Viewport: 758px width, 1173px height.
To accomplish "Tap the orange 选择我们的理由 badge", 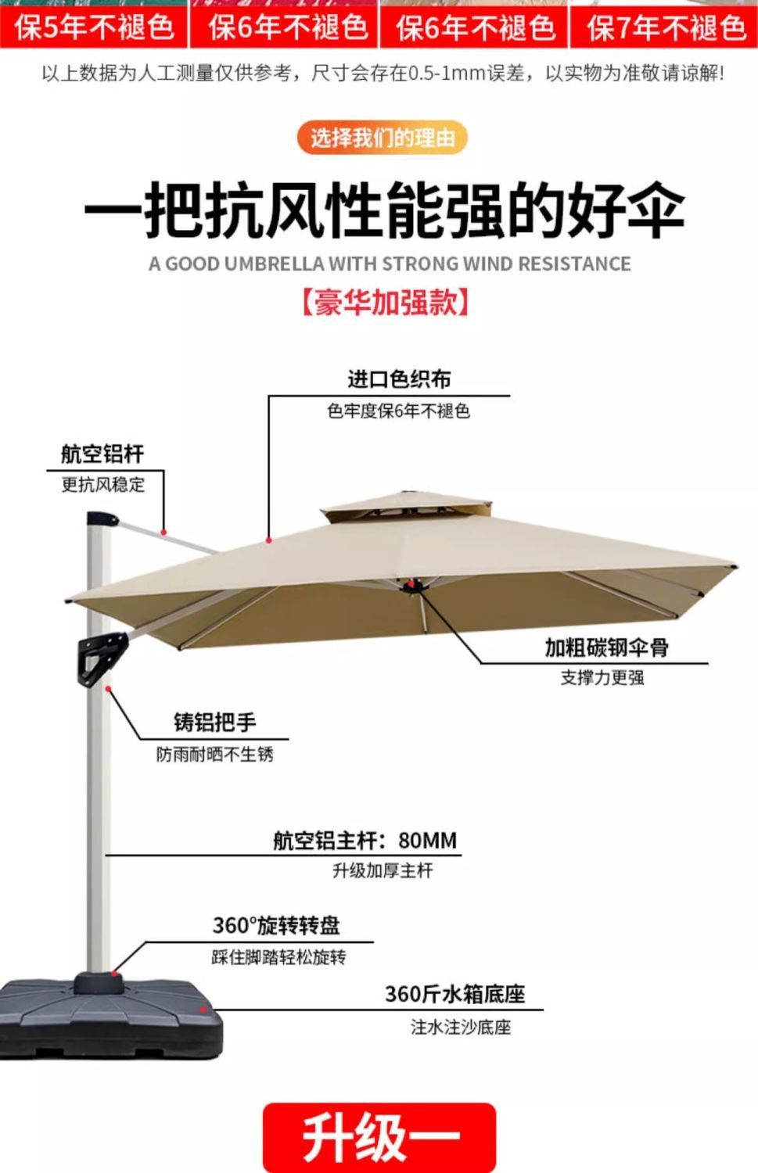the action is click(382, 138).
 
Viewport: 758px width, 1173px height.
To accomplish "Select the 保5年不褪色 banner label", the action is click(94, 28).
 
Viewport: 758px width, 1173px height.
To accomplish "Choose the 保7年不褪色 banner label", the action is click(666, 28).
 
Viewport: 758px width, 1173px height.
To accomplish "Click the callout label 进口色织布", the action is click(399, 380).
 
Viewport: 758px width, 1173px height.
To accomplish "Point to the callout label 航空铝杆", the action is click(102, 454).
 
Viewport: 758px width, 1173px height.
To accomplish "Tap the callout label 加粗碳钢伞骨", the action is click(606, 648).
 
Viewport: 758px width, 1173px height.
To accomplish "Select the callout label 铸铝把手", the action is click(214, 722).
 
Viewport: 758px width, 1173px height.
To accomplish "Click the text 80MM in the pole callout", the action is click(427, 841).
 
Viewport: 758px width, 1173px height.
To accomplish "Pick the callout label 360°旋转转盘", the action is click(276, 926).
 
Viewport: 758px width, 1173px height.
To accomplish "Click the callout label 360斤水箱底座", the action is click(454, 995).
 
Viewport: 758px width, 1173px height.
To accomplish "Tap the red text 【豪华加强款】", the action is click(384, 302).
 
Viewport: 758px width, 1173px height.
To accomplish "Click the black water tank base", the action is click(110, 1017).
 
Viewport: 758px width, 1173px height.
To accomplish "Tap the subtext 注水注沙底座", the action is click(461, 1027).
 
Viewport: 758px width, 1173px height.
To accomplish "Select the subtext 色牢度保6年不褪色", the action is click(398, 411).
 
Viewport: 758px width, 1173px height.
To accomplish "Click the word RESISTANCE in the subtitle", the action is click(574, 264).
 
